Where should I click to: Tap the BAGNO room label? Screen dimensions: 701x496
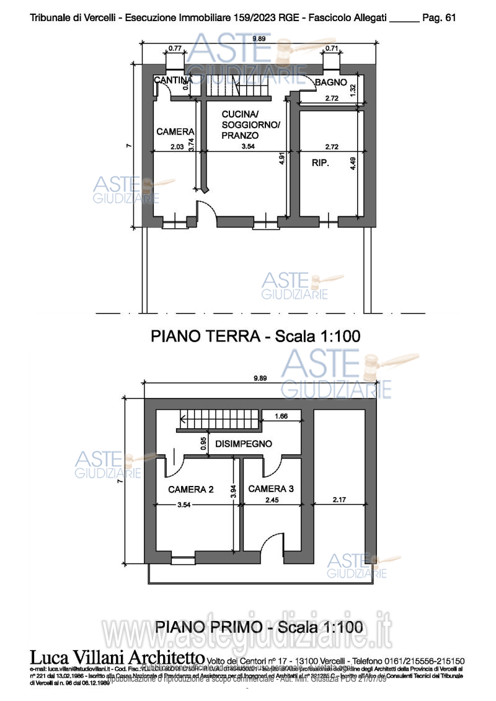pyautogui.click(x=330, y=82)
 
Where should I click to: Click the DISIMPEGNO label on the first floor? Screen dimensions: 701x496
pyautogui.click(x=244, y=444)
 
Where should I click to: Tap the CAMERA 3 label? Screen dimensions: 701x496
pyautogui.click(x=271, y=489)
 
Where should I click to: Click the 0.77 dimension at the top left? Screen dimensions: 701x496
pyautogui.click(x=175, y=48)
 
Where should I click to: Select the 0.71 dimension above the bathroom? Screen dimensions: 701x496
pyautogui.click(x=332, y=48)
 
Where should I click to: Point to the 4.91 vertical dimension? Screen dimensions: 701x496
pyautogui.click(x=281, y=157)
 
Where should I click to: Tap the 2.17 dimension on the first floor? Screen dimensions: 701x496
pyautogui.click(x=340, y=500)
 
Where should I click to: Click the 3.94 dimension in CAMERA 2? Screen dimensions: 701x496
pyautogui.click(x=233, y=492)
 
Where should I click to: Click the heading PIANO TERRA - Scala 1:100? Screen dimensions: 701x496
pyautogui.click(x=255, y=337)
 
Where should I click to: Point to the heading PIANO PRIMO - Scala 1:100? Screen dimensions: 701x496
pyautogui.click(x=259, y=626)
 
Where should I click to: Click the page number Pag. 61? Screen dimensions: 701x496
pyautogui.click(x=439, y=18)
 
